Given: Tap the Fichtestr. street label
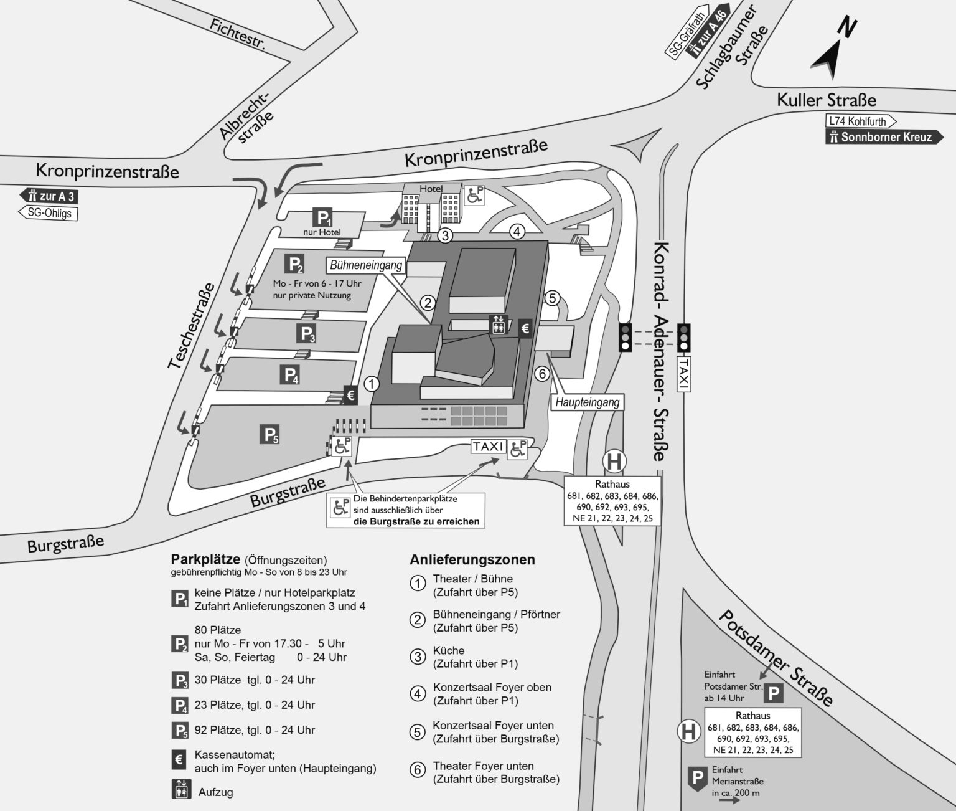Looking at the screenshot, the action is click(237, 34).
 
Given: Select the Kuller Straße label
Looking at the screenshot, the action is click(826, 100).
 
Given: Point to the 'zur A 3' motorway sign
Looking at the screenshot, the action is click(49, 196).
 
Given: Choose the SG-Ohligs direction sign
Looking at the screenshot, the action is click(49, 213).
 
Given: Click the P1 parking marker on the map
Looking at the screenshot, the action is click(323, 218).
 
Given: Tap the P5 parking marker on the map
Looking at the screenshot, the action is click(269, 435).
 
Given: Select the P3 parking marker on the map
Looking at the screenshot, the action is click(307, 334).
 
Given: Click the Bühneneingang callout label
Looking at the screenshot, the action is click(366, 265).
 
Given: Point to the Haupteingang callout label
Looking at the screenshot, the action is click(587, 402).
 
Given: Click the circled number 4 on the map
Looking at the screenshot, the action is click(517, 232).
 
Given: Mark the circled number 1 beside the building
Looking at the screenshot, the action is click(372, 384).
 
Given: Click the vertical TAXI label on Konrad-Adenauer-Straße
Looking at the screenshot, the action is click(683, 374).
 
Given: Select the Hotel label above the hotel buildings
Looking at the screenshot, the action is click(431, 189).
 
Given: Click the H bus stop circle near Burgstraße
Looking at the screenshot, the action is click(614, 462).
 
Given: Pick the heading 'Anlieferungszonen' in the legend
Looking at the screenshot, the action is click(472, 560).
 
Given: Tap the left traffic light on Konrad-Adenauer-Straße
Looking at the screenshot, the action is click(625, 337).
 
